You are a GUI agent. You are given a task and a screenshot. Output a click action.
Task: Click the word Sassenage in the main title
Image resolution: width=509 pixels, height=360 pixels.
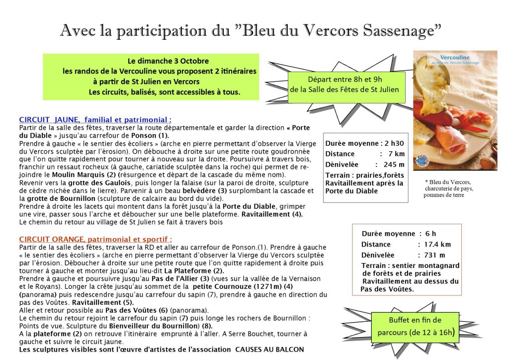click(x=399, y=30)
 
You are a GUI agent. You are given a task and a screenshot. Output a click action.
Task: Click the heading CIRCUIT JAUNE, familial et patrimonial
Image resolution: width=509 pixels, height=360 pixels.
click(x=94, y=120)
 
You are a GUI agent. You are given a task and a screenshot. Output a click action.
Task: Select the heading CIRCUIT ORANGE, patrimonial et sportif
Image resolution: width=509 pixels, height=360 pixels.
click(x=95, y=239)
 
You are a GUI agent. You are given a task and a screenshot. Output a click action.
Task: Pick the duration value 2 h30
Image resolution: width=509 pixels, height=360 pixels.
click(x=396, y=143)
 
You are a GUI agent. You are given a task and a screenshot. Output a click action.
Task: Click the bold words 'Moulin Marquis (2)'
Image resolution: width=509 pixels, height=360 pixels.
click(x=85, y=175)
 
